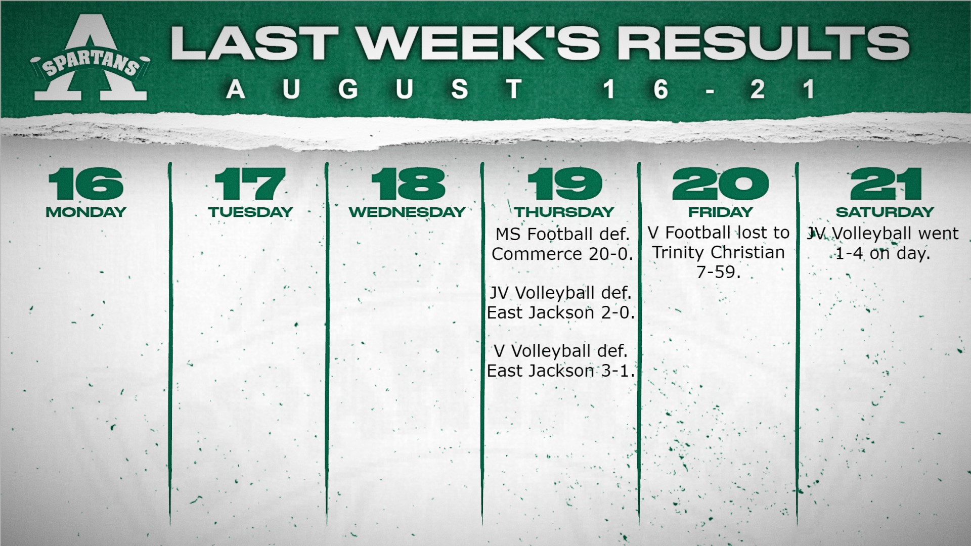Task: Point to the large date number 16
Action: pyautogui.click(x=86, y=184)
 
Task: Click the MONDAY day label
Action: pyautogui.click(x=86, y=212)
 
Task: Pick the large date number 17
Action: pyautogui.click(x=250, y=184)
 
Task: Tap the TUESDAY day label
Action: pyautogui.click(x=250, y=212)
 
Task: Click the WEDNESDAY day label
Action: pyautogui.click(x=407, y=212)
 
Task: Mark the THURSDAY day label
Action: pyautogui.click(x=565, y=212)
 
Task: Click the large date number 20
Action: pyautogui.click(x=720, y=184)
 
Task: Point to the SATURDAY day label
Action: pyautogui.click(x=885, y=212)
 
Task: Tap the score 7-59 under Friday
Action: pyautogui.click(x=718, y=272)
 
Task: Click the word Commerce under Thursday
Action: pyautogui.click(x=538, y=254)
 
